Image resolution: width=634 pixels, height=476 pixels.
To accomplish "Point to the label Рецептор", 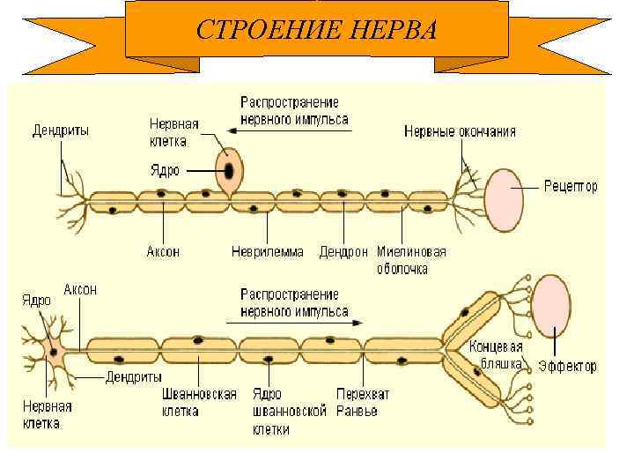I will tap(571, 187).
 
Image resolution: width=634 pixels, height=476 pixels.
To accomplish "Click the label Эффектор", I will tap(567, 366).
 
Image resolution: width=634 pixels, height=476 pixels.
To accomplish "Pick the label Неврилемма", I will tap(267, 252).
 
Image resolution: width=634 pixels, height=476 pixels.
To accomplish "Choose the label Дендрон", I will tap(343, 252).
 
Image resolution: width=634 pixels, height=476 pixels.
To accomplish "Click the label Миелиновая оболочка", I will tap(410, 260).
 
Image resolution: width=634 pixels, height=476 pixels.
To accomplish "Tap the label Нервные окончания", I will tap(460, 131).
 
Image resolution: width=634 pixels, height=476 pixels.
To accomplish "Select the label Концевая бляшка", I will tap(496, 353).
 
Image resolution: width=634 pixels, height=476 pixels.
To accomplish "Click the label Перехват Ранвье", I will tap(362, 403).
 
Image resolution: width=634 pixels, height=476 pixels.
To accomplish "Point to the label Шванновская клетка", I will tap(199, 403).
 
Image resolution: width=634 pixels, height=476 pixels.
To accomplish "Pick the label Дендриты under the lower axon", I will tap(133, 378).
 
